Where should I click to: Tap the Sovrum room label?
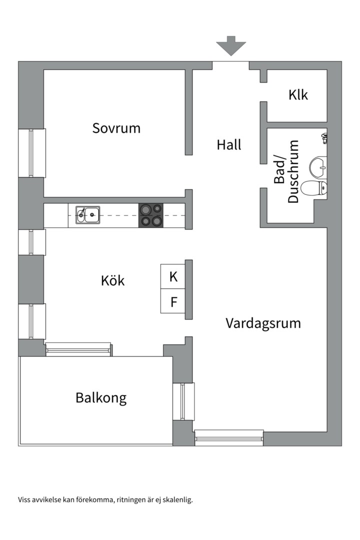[116, 128]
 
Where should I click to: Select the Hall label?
[229, 145]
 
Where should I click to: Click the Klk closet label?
[298, 94]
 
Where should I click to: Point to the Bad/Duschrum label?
[286, 171]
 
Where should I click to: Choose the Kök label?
[112, 280]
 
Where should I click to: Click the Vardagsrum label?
[263, 323]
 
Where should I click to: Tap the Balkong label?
[101, 398]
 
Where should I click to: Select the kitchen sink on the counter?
[87, 214]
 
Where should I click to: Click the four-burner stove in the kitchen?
[151, 215]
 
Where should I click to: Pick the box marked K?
[173, 276]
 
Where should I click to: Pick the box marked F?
[173, 302]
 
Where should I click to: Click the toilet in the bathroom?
[316, 188]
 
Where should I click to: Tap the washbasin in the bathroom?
[318, 165]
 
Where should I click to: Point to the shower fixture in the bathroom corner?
[324, 137]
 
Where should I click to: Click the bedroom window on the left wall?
[31, 153]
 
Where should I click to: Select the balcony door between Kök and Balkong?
[78, 349]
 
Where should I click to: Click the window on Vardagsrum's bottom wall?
[228, 438]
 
